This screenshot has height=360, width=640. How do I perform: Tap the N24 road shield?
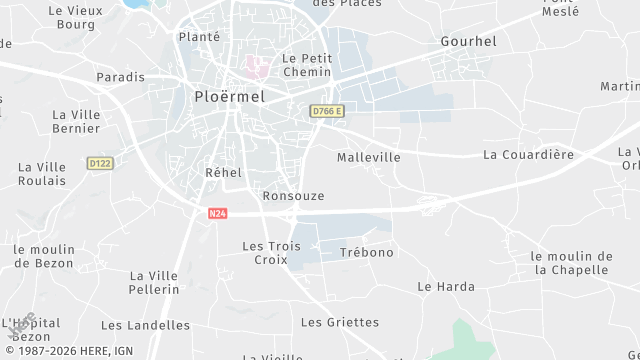click(217, 213)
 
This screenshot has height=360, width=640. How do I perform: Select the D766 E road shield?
click(326, 111)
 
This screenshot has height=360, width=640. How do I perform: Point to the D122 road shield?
click(99, 162)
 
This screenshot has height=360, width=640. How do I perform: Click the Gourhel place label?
click(468, 41)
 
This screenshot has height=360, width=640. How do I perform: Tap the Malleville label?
click(368, 157)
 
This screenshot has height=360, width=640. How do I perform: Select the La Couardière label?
click(528, 154)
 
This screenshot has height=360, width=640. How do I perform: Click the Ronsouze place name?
click(293, 195)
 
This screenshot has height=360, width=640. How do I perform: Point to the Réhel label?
click(223, 172)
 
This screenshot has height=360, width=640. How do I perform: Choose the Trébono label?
click(367, 252)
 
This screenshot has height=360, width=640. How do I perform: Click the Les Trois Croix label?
click(271, 252)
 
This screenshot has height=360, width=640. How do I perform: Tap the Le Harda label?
click(446, 286)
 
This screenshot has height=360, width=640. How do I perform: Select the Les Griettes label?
click(340, 322)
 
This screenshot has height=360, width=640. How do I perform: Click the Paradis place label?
click(120, 77)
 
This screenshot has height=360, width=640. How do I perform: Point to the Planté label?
click(198, 36)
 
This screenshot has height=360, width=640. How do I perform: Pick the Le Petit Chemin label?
click(307, 65)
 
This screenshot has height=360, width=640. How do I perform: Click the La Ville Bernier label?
click(75, 121)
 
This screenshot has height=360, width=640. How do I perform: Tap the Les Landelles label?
click(145, 325)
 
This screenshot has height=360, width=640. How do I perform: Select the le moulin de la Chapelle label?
click(570, 263)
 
